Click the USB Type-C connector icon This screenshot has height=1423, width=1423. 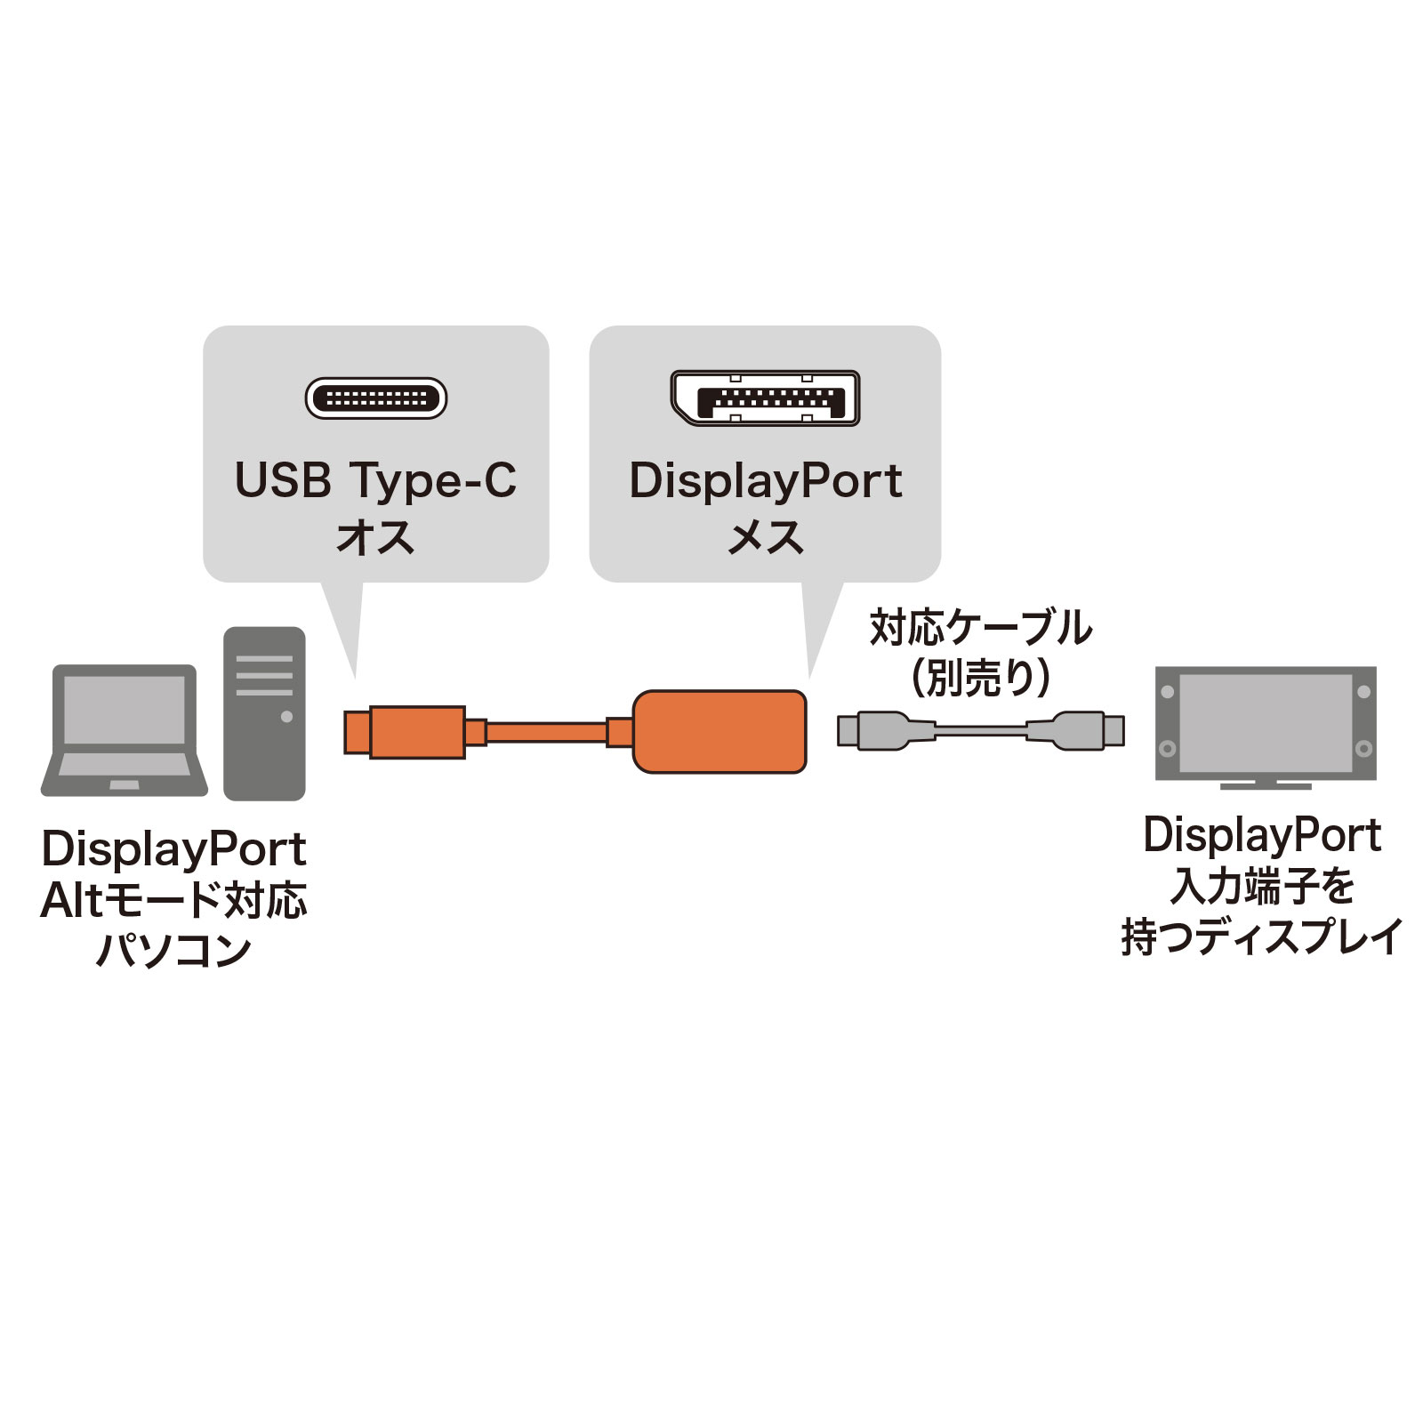375,398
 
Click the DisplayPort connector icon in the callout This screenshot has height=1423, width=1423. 765,398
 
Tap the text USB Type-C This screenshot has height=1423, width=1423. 375,481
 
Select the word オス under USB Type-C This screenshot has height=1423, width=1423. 375,537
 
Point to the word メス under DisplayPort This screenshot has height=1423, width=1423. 765,537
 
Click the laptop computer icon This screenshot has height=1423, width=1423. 125,729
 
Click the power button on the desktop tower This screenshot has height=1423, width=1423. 286,717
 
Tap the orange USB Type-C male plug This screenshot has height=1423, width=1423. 406,732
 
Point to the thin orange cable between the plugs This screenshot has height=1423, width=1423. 546,733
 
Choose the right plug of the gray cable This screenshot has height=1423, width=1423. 1081,730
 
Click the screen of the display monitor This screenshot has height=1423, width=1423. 1265,723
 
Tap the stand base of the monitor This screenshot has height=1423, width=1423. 1265,785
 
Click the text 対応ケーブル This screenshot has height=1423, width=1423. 980,628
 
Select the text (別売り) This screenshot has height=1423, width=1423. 980,678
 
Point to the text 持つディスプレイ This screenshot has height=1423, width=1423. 1261,937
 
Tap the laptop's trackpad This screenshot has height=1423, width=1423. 125,785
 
